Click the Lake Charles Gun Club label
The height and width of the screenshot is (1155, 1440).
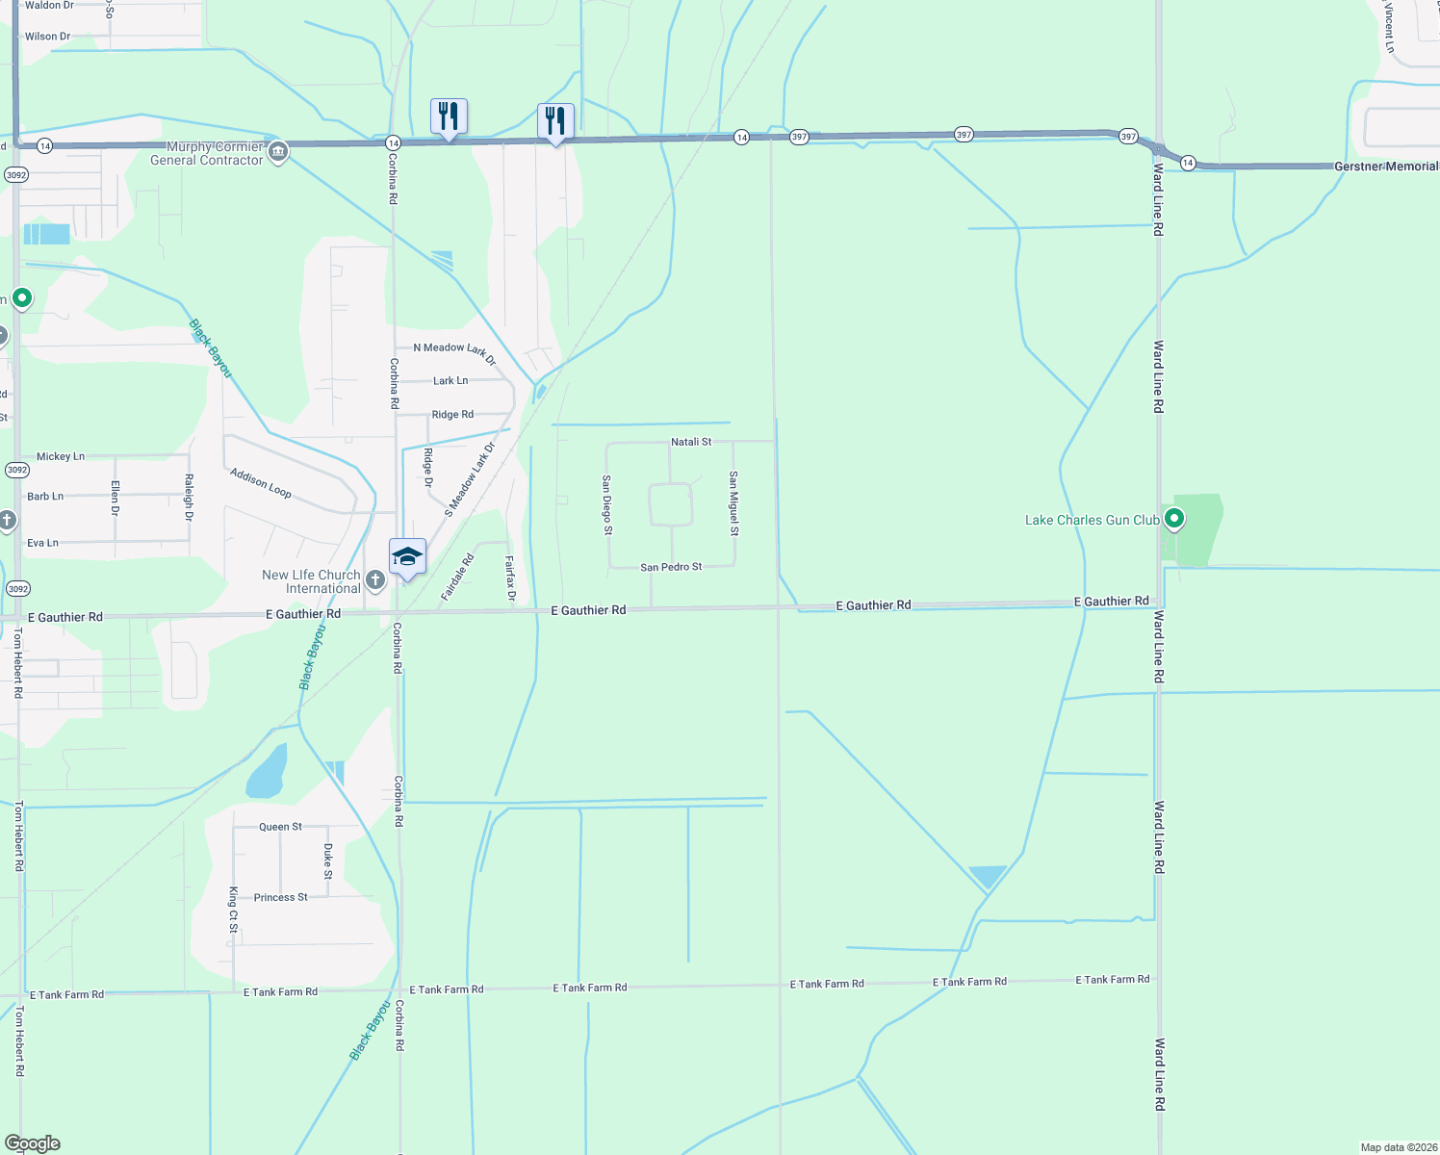1092,520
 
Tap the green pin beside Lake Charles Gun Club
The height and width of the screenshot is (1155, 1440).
1173,519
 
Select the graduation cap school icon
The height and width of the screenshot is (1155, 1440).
407,557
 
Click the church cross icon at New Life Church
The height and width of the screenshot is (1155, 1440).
375,580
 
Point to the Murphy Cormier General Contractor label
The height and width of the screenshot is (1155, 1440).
207,154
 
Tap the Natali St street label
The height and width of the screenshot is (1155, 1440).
691,442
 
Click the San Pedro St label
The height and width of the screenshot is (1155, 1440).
671,567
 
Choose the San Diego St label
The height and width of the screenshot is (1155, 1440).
606,504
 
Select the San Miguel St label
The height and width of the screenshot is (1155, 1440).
733,503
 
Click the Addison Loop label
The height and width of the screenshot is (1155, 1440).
261,483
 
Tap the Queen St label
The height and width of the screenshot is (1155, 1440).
280,827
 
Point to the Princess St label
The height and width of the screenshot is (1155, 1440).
280,897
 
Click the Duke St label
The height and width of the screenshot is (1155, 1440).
328,861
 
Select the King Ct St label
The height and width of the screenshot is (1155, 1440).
233,910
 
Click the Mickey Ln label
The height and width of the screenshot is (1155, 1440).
61,456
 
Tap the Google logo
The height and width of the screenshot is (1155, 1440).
33,1143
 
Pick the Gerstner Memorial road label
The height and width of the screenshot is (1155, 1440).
1385,167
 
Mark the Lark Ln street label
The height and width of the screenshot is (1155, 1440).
450,381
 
